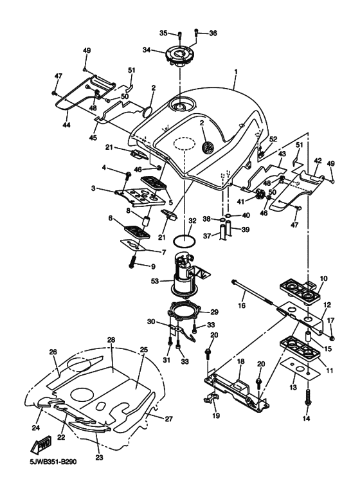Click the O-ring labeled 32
(x=184, y=243)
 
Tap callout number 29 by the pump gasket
(x=215, y=311)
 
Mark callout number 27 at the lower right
(x=169, y=418)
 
